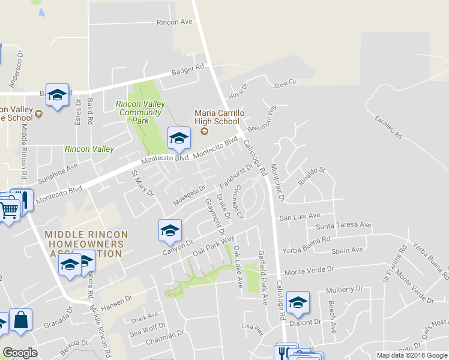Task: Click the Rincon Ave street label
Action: coord(173,22)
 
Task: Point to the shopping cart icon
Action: coord(9,211)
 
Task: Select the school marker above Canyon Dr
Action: coord(170,230)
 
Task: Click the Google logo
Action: coord(20,353)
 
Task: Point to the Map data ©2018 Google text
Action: coord(411,355)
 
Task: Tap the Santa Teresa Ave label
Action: coord(343,226)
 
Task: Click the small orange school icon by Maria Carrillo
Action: coord(203,131)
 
